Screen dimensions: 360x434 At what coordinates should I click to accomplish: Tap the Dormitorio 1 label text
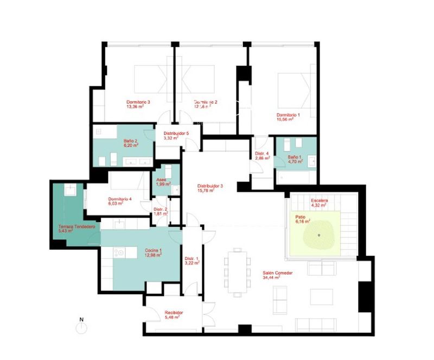[x=288, y=115]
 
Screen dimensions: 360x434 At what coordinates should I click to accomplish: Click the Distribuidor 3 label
[x=210, y=186]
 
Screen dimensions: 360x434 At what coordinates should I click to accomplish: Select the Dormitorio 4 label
[x=119, y=199]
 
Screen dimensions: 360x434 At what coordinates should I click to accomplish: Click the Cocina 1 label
[x=153, y=251]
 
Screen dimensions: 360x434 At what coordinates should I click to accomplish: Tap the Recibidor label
[x=174, y=313]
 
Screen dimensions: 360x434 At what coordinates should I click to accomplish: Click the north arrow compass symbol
[x=81, y=327]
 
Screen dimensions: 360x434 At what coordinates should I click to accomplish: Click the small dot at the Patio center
[x=319, y=235]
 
